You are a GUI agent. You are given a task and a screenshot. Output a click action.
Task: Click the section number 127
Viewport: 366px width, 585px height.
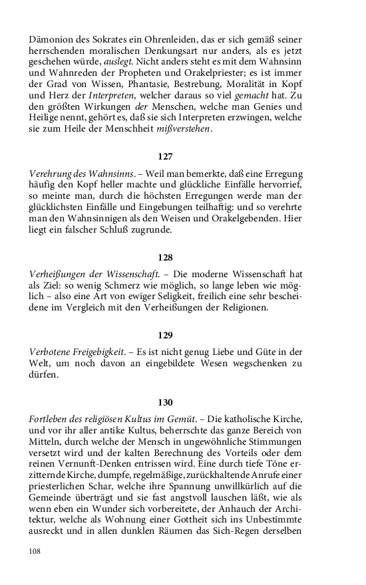(165, 157)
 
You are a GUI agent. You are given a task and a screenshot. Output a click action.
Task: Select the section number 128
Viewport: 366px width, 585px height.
(165, 256)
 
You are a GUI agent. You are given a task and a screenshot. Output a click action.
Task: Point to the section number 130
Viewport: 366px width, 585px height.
(165, 402)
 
